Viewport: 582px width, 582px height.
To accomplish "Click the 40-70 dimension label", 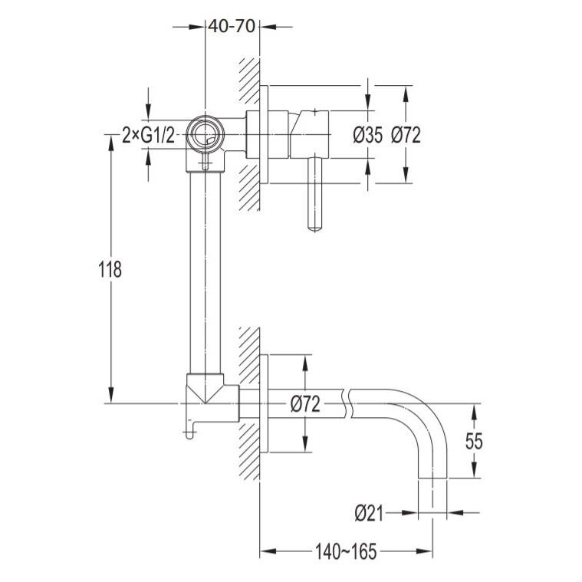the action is pyautogui.click(x=232, y=26).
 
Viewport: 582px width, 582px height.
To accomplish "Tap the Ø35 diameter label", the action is pyautogui.click(x=367, y=135).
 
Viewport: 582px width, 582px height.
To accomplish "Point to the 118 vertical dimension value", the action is pyautogui.click(x=110, y=269).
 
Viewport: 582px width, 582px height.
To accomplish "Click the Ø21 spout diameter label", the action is pyautogui.click(x=369, y=514).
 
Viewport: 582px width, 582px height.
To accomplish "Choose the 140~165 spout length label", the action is pyautogui.click(x=346, y=551).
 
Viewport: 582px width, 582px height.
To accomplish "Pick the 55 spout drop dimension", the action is pyautogui.click(x=474, y=442).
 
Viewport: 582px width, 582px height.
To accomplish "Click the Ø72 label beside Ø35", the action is pyautogui.click(x=406, y=135).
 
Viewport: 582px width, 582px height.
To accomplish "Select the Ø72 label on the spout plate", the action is pyautogui.click(x=305, y=404).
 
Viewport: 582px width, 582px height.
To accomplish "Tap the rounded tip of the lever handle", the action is pyautogui.click(x=314, y=228).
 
